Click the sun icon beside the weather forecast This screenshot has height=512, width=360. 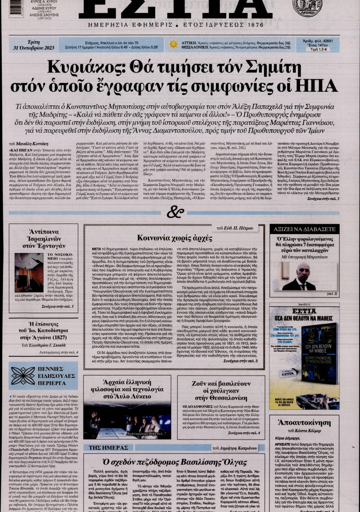[173, 44]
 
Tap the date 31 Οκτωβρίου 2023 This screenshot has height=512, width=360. [28, 45]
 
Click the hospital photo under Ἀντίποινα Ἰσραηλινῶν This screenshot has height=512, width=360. [29, 273]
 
